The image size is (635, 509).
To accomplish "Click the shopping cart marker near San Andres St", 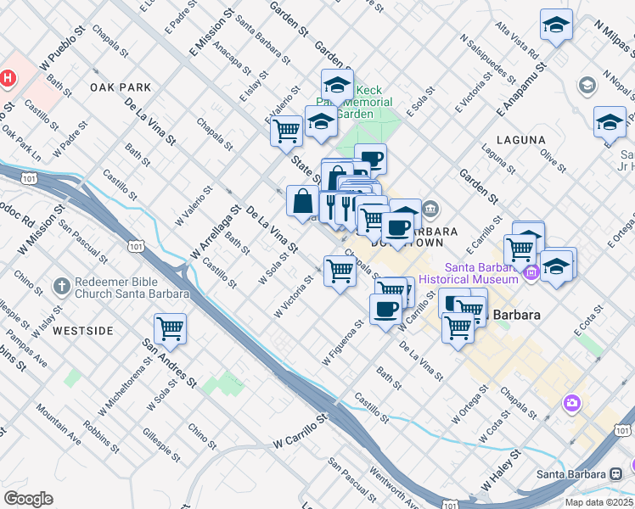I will pos(171,329).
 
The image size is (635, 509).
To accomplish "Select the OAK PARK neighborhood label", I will pos(120,87).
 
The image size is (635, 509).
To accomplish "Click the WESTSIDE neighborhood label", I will pos(82,330).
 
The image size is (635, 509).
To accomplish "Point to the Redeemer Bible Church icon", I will pos(61,287).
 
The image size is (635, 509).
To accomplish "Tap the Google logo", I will pos(28,499).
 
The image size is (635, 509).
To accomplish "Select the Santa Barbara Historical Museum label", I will pos(469,273).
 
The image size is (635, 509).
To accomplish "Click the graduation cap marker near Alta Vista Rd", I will pos(556,25).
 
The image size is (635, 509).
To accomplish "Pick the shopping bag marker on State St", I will pos(303,202).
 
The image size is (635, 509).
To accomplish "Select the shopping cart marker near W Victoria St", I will pos(340,271).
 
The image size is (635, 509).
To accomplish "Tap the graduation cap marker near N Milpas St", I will pos(610,122).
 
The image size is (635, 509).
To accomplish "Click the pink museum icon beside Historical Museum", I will pos(532,273).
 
